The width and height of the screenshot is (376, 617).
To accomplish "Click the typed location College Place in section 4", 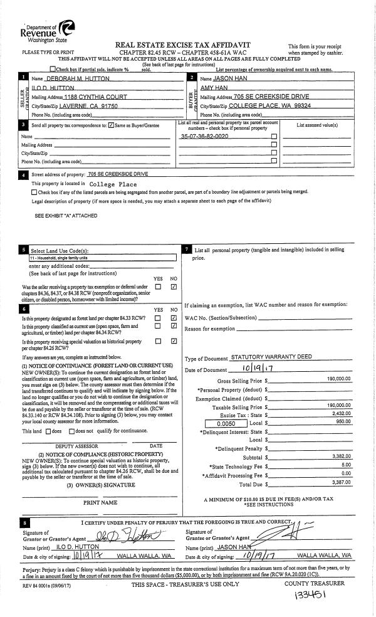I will click(x=105, y=184).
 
